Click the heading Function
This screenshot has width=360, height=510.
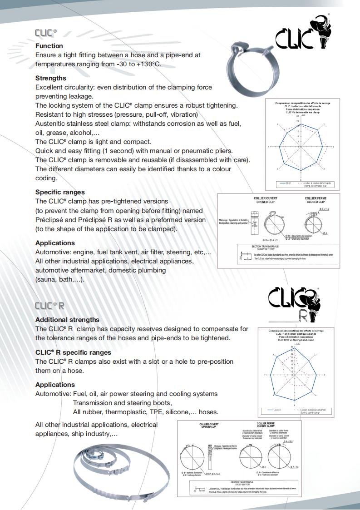(x=49, y=46)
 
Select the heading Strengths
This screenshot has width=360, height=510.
(x=51, y=78)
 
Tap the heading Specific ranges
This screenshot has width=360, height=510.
(x=60, y=192)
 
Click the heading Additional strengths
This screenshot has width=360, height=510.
(x=67, y=320)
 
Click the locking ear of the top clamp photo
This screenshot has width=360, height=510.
(x=240, y=48)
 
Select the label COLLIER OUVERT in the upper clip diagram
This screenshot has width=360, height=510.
(x=266, y=198)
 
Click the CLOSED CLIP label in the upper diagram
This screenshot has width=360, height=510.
(x=316, y=202)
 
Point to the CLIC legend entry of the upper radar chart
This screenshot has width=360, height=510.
(x=288, y=183)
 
